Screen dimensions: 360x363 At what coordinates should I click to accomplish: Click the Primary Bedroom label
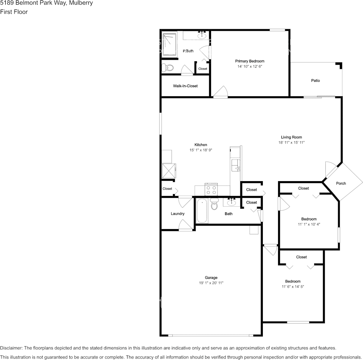click(249, 61)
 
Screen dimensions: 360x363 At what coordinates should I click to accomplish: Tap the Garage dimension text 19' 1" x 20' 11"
click(211, 283)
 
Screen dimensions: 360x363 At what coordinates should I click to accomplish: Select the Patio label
click(315, 81)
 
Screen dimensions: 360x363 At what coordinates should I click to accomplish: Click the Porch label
click(341, 183)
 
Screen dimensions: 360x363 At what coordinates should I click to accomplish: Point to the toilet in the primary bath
click(168, 68)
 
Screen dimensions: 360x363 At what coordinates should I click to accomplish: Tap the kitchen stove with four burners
click(211, 189)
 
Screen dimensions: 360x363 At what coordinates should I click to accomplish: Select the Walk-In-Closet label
click(185, 86)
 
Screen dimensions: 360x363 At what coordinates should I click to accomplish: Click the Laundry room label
click(178, 213)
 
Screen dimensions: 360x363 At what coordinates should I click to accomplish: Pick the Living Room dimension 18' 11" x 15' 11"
click(291, 143)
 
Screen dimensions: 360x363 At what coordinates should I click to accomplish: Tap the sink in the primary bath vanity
click(202, 36)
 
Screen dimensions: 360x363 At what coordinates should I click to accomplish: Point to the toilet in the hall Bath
click(214, 204)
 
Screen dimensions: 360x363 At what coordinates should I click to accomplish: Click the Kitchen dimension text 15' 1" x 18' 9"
click(201, 150)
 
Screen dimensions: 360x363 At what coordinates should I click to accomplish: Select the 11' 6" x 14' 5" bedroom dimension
click(293, 287)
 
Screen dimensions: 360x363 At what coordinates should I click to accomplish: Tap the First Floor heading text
click(14, 12)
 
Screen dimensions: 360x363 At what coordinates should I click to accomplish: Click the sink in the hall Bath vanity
click(232, 202)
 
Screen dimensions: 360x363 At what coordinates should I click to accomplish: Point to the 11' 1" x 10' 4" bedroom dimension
click(309, 225)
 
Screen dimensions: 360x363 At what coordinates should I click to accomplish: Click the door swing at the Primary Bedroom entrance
click(220, 92)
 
